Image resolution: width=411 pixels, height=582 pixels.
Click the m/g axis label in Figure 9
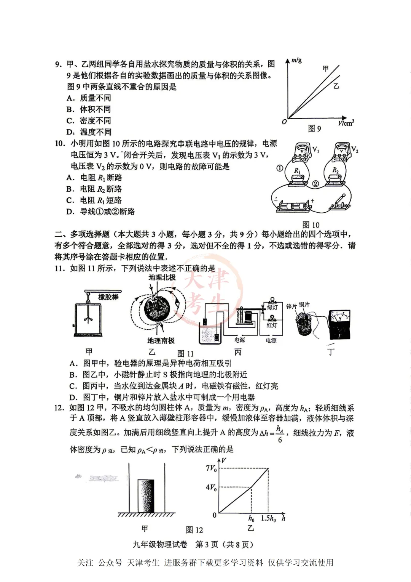pos(296,60)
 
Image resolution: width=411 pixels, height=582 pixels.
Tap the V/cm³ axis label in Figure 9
pos(346,123)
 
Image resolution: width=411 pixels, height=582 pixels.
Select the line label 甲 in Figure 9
pos(325,69)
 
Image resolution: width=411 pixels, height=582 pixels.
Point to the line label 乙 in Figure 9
pos(336,86)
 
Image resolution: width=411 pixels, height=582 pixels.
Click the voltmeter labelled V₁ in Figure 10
pos(304,151)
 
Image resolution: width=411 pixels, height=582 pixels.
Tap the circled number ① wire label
pos(280,168)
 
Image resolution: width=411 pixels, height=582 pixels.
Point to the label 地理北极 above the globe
pos(162,277)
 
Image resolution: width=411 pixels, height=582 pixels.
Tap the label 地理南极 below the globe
pos(161,340)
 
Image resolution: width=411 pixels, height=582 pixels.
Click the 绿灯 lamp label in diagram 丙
pos(272,307)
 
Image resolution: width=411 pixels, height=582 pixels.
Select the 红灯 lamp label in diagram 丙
pos(272,325)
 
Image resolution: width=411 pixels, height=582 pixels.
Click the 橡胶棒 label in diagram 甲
pos(108,297)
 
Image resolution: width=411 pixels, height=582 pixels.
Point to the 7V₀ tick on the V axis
pos(211,468)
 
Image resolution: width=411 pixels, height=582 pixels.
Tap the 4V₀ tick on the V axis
pos(211,487)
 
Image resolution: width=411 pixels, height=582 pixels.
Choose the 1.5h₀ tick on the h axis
pos(268,518)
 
